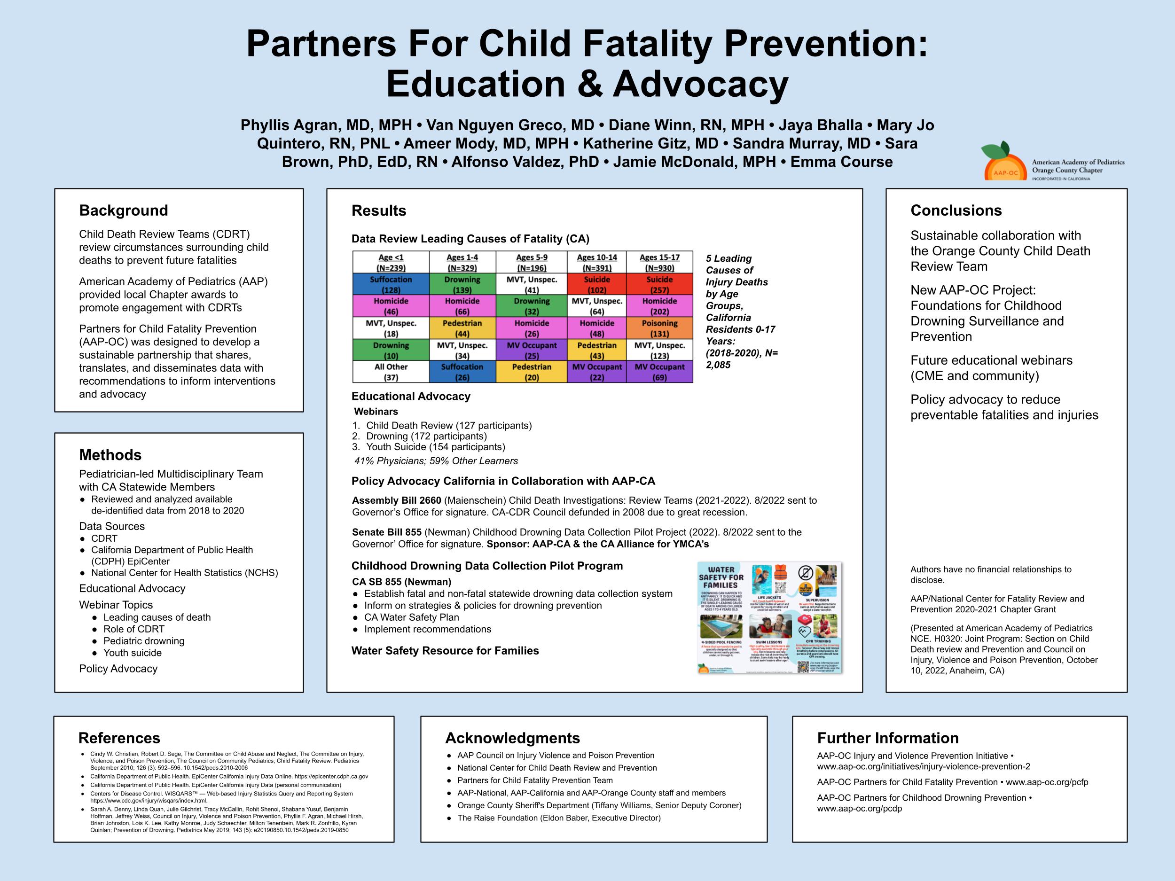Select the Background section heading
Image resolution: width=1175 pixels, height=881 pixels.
tap(123, 211)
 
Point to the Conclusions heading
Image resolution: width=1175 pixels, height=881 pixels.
tap(956, 211)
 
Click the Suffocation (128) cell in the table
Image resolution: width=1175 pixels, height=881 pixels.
tap(391, 285)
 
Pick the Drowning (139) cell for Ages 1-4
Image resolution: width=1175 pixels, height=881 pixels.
tap(462, 285)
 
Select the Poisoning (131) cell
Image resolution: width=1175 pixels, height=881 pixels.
tap(659, 328)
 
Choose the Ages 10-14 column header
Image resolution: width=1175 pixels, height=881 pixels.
tap(596, 262)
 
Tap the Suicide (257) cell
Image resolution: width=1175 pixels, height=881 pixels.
tap(659, 285)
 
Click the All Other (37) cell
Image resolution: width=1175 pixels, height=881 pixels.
tap(391, 372)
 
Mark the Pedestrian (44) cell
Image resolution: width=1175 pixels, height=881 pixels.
tap(462, 328)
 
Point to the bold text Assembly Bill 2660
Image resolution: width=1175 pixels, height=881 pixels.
tap(396, 500)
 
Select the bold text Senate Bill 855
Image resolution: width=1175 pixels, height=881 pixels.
tap(387, 532)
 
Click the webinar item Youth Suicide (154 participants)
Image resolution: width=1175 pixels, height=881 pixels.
tap(435, 446)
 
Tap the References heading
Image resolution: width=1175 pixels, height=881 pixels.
tap(119, 738)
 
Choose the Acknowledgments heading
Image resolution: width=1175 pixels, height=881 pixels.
tap(512, 738)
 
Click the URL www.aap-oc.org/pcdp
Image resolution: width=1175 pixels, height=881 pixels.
tap(859, 808)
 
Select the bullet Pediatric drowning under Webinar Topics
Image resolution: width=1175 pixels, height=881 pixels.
tap(143, 641)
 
